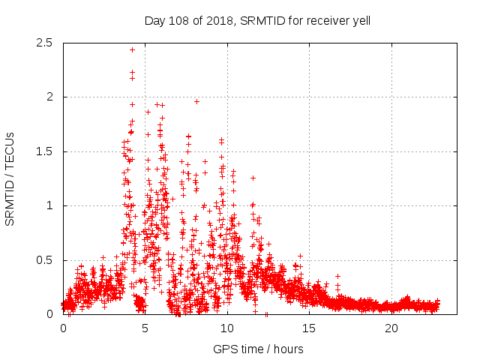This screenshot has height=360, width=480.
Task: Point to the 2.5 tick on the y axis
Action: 44,43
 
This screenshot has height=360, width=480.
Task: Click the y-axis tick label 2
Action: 49,97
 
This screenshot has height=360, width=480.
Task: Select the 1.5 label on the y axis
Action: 44,151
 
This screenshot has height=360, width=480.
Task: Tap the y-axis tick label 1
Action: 49,205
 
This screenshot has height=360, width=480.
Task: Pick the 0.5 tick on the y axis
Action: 44,260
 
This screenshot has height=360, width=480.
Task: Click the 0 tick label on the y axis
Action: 49,314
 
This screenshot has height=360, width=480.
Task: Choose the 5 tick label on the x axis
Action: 145,328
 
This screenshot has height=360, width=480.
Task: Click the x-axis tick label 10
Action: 227,328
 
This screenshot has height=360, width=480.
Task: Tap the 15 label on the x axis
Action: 310,328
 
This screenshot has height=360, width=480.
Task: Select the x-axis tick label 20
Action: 391,328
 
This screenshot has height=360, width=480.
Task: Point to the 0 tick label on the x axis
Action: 63,328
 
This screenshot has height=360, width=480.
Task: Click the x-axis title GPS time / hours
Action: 258,349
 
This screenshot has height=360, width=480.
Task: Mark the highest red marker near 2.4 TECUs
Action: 132,49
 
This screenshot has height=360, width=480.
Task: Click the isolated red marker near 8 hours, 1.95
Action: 196,101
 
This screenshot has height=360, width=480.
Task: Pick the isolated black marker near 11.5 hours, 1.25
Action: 253,178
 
